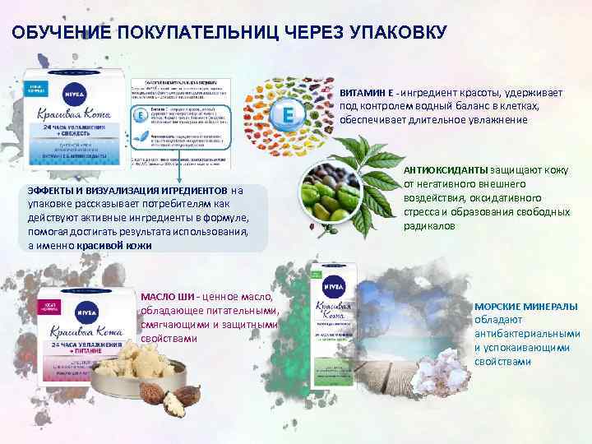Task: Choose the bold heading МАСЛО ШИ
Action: [x=168, y=297]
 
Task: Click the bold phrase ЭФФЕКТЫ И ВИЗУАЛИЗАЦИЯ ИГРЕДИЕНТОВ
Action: [x=127, y=191]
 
